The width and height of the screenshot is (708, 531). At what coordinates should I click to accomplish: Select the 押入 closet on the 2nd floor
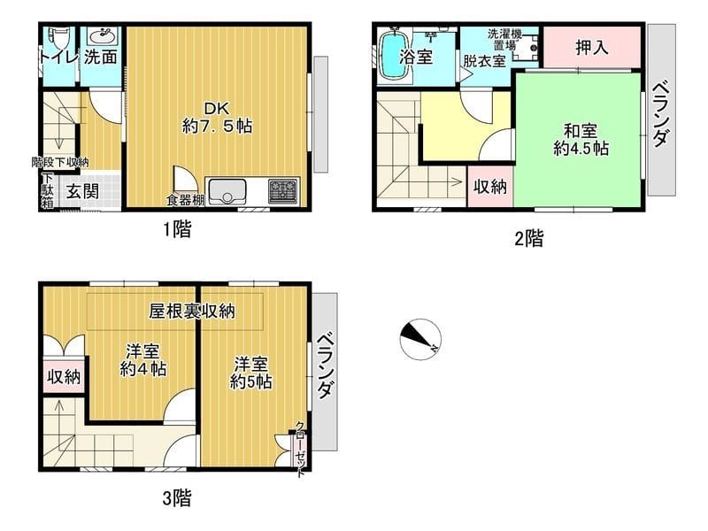pos(591,47)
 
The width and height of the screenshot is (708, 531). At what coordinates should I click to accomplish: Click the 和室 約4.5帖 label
pos(580,137)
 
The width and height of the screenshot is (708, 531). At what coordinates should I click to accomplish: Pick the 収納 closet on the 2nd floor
pos(489,187)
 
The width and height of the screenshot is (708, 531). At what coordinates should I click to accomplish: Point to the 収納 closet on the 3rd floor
pos(64,376)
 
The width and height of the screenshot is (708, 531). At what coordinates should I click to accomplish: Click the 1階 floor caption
pos(176,230)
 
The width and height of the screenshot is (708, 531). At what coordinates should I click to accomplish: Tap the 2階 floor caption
pos(528,237)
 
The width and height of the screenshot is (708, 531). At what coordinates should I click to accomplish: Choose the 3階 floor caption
pos(176,497)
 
